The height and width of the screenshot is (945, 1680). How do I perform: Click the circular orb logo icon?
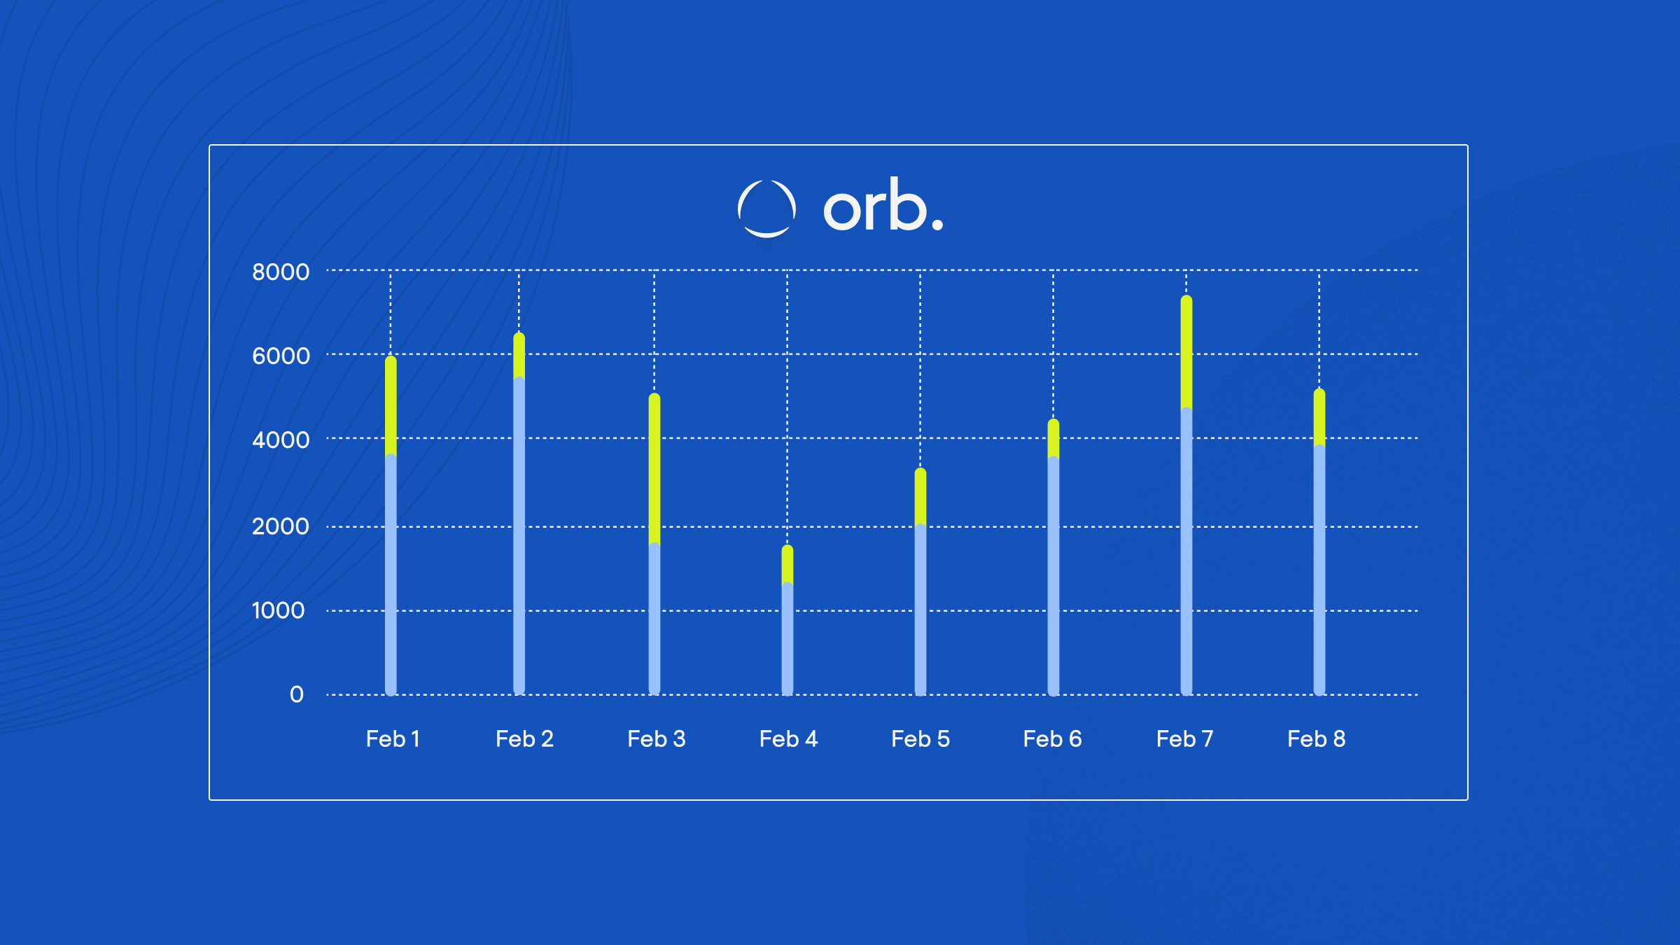click(766, 209)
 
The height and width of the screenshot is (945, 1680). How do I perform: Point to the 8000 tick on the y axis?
click(281, 272)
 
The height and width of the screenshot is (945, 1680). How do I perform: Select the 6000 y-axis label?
click(281, 356)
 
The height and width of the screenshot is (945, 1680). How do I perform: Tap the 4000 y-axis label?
click(281, 440)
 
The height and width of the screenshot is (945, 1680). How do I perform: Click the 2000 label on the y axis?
click(281, 526)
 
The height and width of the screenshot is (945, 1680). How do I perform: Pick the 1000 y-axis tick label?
click(279, 610)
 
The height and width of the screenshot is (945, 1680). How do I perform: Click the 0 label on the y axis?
click(297, 694)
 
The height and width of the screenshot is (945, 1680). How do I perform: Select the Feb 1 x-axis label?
click(393, 738)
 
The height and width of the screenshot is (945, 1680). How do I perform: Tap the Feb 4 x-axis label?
click(788, 738)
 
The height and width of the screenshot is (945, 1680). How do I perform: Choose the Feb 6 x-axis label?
click(1052, 738)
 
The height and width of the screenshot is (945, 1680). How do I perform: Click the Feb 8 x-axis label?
click(1316, 738)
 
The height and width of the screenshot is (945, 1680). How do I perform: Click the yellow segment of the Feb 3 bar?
click(654, 469)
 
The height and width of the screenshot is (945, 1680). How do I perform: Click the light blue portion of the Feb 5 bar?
click(920, 609)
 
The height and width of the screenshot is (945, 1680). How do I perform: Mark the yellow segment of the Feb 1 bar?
click(391, 406)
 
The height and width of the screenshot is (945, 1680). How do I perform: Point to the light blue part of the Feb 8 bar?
click(1319, 570)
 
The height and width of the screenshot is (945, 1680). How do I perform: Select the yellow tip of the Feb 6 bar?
click(1053, 439)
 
